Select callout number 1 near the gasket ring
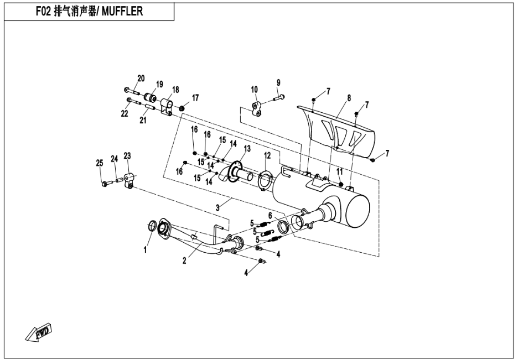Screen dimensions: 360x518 coord(146,250)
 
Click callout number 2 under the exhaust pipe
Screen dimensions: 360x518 coord(184,260)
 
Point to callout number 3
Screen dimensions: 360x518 coord(218,207)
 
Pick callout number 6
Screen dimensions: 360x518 coord(270,215)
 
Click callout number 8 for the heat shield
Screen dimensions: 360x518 coord(349,98)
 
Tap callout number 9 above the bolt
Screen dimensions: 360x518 coord(279,83)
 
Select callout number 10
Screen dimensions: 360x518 coord(255,90)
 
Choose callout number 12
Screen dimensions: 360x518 coord(267,155)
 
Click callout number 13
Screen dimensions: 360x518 coord(247,148)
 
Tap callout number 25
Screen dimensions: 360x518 coord(100,163)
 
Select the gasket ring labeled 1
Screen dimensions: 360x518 coord(152,226)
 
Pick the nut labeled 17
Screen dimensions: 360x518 coord(182,106)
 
